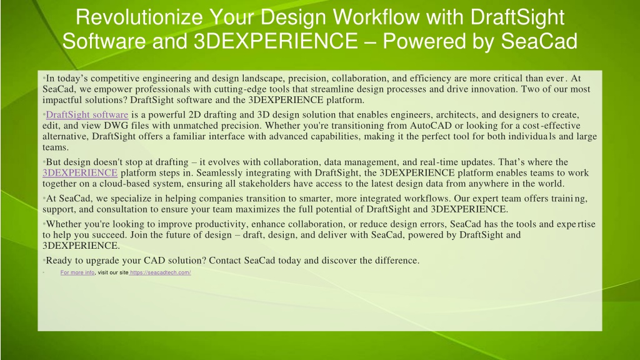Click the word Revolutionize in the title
click(139, 17)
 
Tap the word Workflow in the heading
click(376, 17)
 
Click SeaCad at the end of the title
click(539, 41)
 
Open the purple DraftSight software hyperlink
click(87, 115)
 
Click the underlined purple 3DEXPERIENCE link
click(80, 173)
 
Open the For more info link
click(77, 272)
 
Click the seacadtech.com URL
click(160, 272)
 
